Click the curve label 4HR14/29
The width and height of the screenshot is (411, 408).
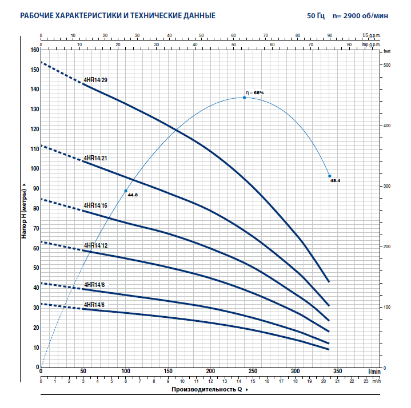[95, 80]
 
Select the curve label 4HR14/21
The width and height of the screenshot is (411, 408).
[95, 157]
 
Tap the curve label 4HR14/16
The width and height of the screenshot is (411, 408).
[95, 205]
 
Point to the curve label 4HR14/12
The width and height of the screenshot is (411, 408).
[95, 245]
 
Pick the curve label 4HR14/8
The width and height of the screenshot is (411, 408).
[94, 284]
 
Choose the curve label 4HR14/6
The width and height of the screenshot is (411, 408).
[94, 305]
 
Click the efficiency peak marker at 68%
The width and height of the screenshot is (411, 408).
[244, 98]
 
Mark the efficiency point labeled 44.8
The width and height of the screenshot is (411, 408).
[126, 191]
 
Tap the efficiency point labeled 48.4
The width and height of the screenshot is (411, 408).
[330, 176]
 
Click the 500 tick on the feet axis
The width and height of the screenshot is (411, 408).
[387, 66]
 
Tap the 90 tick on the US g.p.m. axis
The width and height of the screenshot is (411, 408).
[330, 35]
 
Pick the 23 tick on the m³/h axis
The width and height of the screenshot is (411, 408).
[366, 380]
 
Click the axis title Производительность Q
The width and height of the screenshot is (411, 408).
[206, 390]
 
